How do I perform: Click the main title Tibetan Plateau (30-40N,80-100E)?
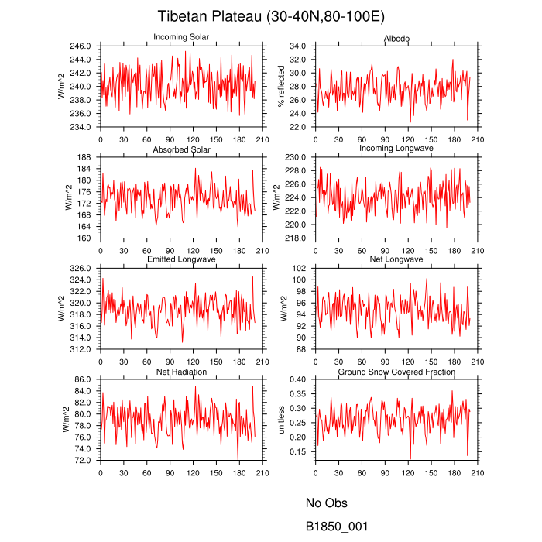(x=271, y=16)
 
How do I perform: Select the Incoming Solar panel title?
(x=182, y=38)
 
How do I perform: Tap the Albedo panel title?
(x=396, y=38)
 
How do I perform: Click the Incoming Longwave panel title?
(x=396, y=148)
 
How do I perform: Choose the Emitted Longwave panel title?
(x=182, y=259)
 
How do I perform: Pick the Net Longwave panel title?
(x=396, y=259)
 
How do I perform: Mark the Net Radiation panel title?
(x=182, y=372)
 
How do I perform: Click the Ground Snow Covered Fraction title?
(x=396, y=372)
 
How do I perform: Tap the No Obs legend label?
(x=326, y=503)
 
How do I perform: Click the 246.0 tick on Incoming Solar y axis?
(x=82, y=46)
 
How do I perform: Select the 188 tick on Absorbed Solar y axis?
(x=87, y=157)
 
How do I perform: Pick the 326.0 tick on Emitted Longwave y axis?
(x=82, y=268)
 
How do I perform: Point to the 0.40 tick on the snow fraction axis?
(x=299, y=379)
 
